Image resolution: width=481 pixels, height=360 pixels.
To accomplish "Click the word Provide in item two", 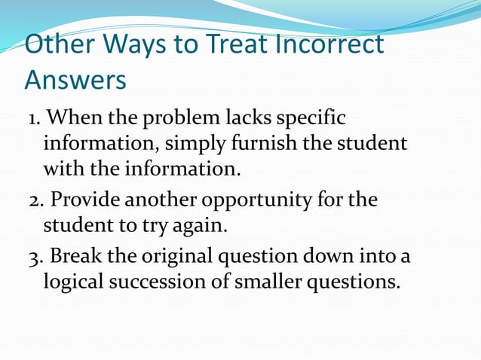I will [81, 201].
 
